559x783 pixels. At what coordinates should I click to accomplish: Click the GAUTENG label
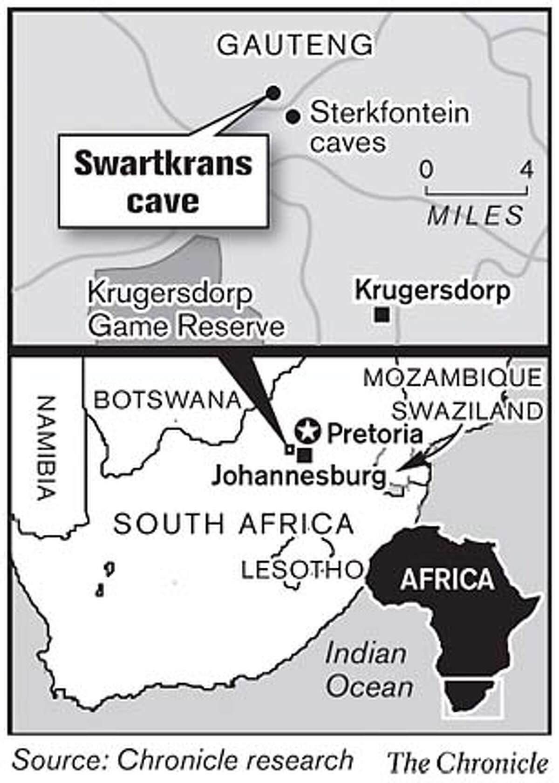295,45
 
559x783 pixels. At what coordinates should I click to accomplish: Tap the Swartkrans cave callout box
163,182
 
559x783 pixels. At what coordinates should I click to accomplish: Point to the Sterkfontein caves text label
389,127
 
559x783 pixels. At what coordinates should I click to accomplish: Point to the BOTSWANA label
167,400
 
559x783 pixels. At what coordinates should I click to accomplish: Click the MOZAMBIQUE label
452,377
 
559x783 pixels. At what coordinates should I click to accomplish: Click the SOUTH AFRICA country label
233,524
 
